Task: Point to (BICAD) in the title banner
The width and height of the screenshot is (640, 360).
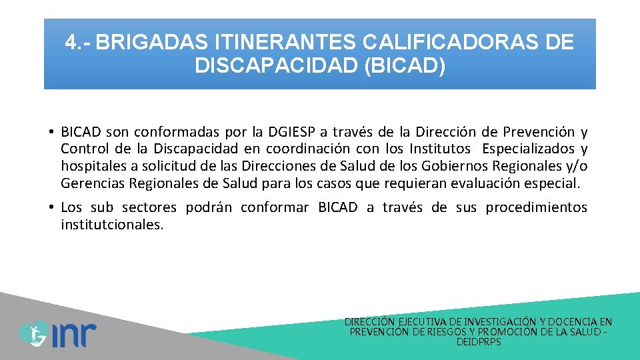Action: click(405, 67)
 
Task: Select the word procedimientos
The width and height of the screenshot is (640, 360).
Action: click(536, 207)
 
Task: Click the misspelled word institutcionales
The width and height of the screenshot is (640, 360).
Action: click(111, 225)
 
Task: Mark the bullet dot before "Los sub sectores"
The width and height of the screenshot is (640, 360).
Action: click(51, 207)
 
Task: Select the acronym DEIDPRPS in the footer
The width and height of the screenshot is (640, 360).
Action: click(479, 342)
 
